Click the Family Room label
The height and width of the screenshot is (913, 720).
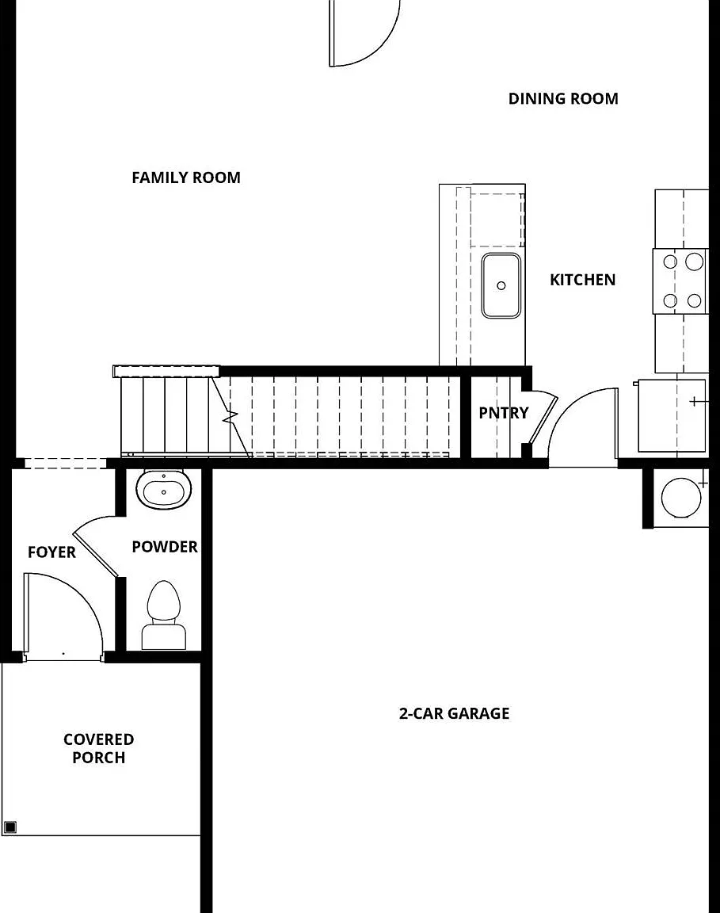click(186, 178)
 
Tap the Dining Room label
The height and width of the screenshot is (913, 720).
click(563, 99)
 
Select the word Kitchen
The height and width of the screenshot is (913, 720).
click(583, 280)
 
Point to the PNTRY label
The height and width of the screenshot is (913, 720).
click(504, 413)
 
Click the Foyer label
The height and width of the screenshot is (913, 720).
click(51, 552)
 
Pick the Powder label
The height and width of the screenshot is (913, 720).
click(165, 547)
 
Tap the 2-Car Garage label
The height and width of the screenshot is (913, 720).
click(454, 713)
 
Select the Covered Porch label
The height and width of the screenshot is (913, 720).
click(99, 748)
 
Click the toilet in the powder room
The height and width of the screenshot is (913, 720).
click(163, 615)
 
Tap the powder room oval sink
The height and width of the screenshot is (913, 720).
click(163, 490)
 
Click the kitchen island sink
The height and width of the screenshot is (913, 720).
click(501, 285)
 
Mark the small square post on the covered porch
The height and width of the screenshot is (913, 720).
click(10, 827)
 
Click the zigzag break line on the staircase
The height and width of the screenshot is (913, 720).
click(230, 417)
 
